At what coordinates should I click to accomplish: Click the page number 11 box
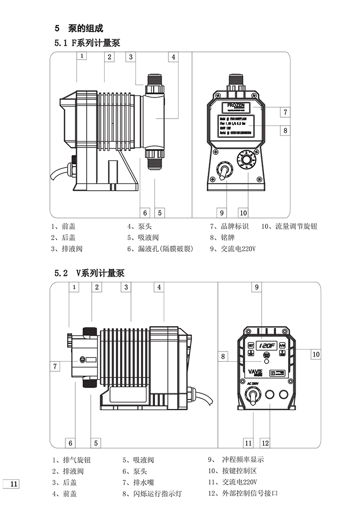11,484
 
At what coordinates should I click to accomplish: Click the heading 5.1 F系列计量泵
87,43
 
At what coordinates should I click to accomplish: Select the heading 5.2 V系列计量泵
89,273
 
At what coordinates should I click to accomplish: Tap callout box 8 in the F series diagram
285,130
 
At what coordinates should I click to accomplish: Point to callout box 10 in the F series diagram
243,212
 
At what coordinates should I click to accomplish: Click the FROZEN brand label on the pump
236,105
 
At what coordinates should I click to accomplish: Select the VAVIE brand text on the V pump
254,371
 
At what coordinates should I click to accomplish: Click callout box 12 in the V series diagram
265,443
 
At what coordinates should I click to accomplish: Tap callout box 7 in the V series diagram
56,366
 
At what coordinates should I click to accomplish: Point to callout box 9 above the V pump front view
257,287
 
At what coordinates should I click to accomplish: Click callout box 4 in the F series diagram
173,57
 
